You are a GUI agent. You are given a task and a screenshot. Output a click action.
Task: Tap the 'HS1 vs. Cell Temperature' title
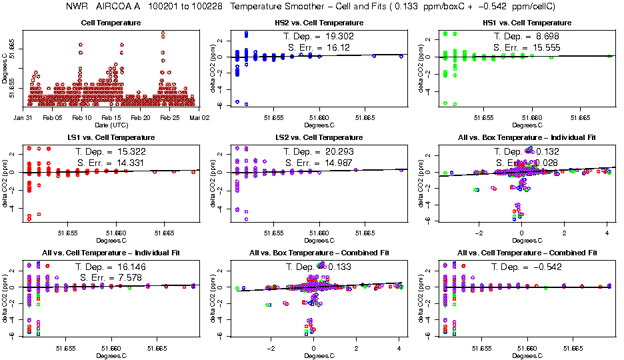tap(528, 23)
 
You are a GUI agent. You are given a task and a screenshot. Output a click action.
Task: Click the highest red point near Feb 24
tap(163, 32)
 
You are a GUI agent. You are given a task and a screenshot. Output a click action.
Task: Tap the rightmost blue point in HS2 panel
tap(401, 57)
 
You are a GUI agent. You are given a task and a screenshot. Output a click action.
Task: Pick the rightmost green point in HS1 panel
tap(609, 57)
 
